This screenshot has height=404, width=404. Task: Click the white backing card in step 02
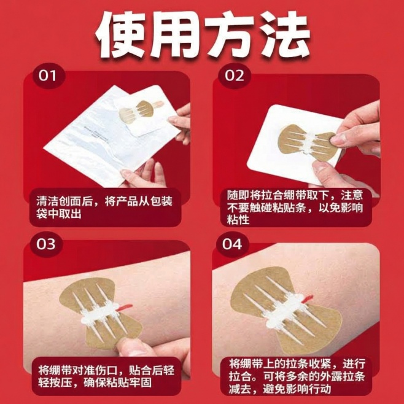270,153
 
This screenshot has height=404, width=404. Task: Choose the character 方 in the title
229,33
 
